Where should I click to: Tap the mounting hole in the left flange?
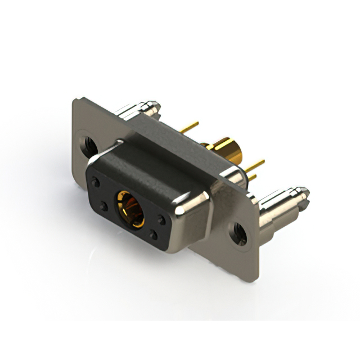(x=88, y=143)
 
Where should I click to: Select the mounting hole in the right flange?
(x=238, y=233)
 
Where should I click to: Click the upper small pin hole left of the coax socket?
(x=96, y=182)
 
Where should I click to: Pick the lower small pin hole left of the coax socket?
(x=104, y=206)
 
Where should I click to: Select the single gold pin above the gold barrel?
(x=190, y=127)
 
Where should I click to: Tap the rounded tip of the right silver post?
(x=303, y=194)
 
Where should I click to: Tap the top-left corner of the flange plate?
(x=75, y=101)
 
